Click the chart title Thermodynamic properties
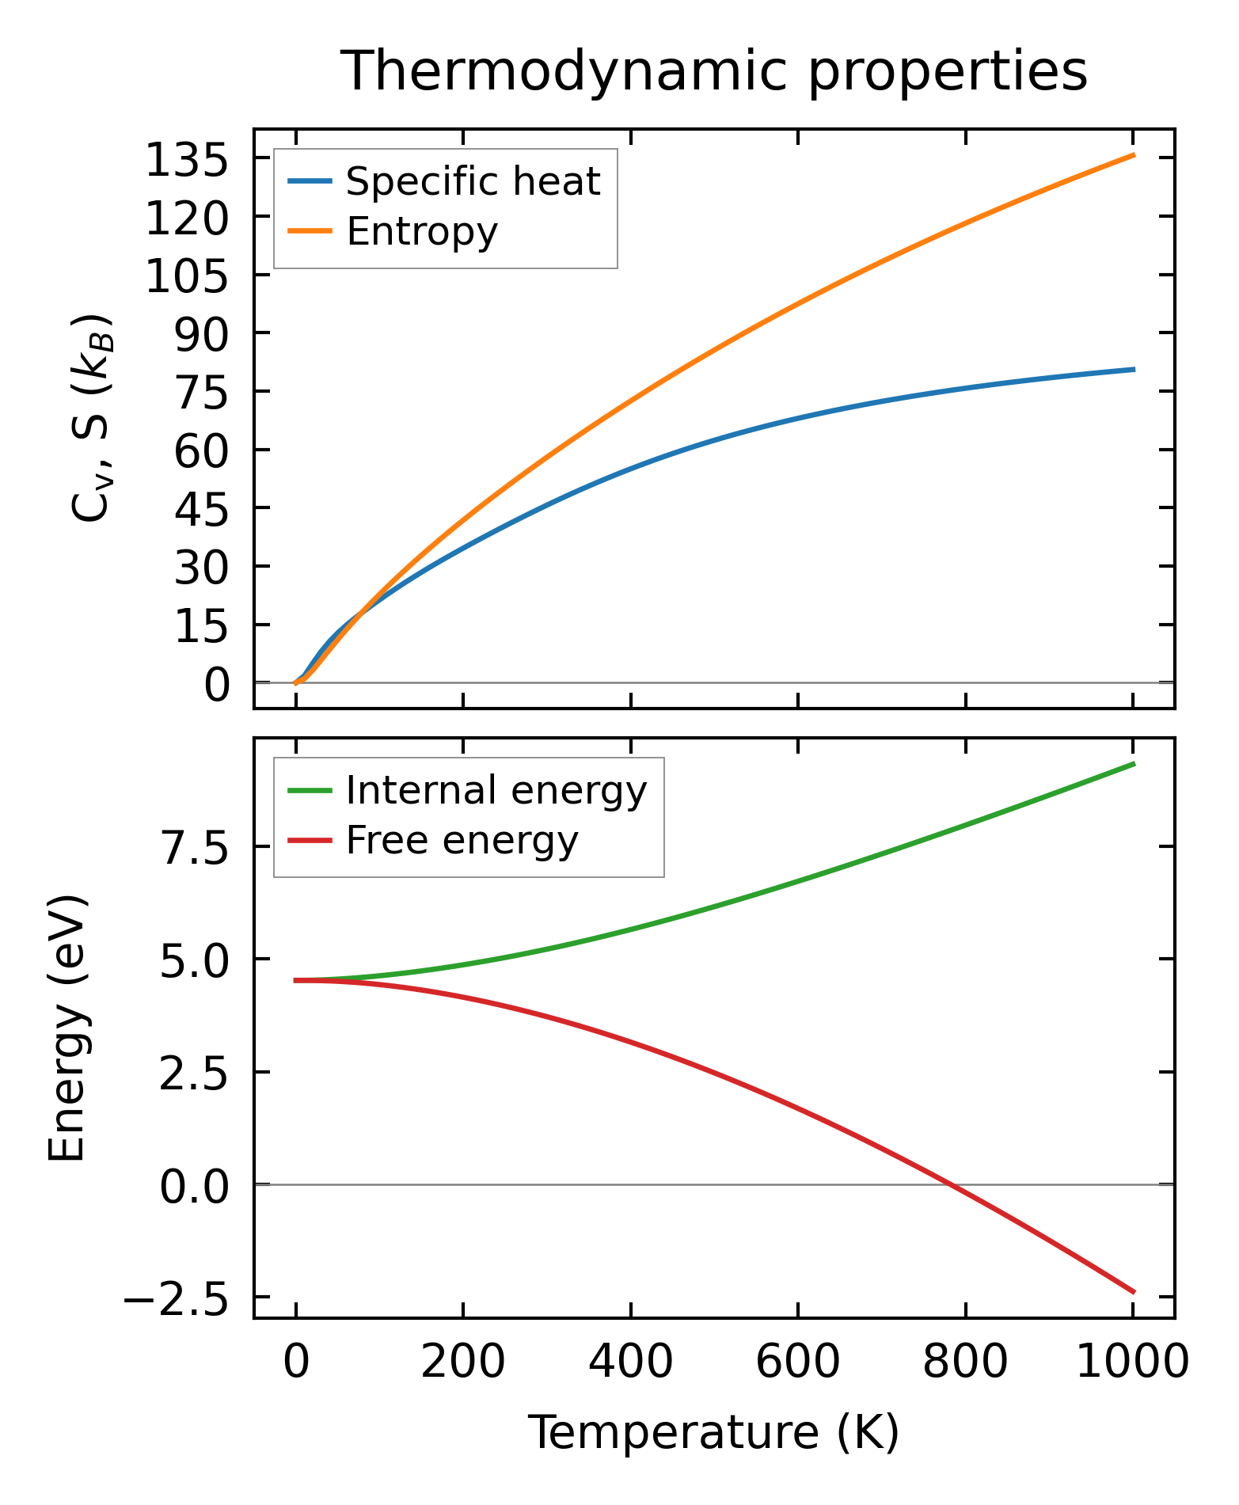click(x=713, y=71)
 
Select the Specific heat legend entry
click(x=473, y=182)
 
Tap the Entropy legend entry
click(x=422, y=232)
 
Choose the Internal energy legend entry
click(x=496, y=790)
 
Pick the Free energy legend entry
click(x=462, y=841)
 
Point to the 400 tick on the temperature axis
click(x=631, y=1364)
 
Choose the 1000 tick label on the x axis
click(x=1133, y=1364)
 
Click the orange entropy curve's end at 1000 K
click(x=1133, y=155)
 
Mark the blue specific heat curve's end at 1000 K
click(x=1133, y=370)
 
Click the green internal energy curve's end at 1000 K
click(x=1133, y=764)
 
